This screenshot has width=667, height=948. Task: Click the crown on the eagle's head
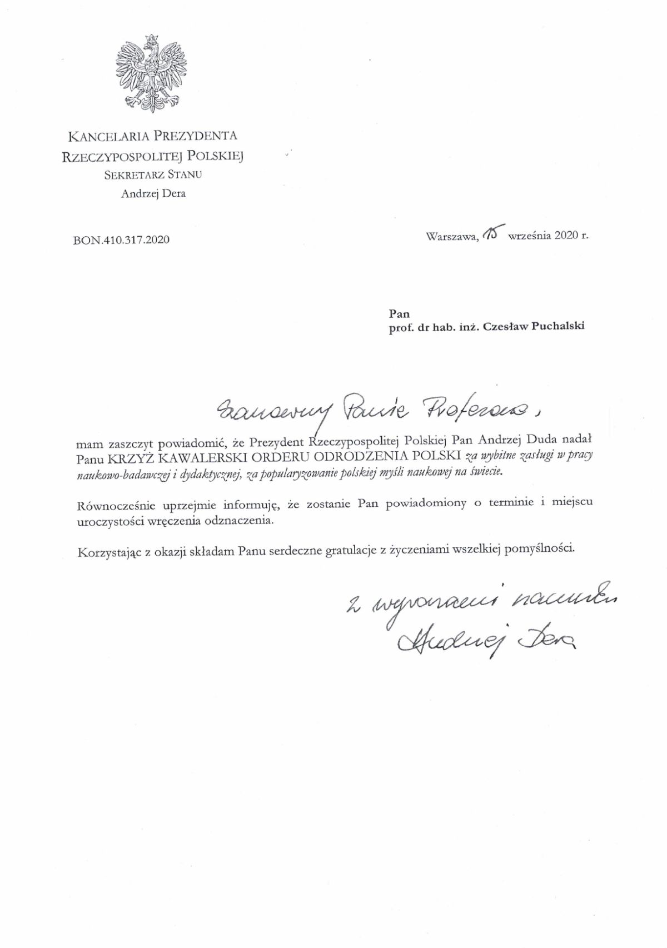151,40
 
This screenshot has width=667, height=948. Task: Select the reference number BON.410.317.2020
121,240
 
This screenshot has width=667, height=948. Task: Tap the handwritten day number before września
494,234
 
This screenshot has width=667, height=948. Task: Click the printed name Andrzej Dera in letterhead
153,194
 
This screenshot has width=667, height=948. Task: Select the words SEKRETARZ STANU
153,174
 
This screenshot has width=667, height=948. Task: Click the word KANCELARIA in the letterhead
108,136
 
